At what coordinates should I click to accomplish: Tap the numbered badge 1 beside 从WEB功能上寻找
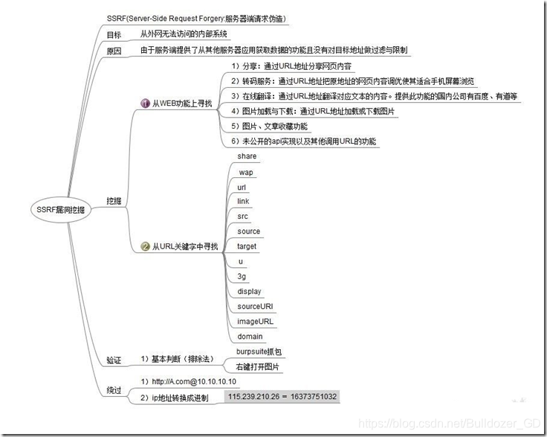145,103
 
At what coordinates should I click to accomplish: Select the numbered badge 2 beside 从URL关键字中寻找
145,246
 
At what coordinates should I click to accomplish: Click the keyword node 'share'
247,156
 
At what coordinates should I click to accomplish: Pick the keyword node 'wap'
245,172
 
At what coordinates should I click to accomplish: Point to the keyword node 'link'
244,202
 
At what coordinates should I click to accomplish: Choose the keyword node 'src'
243,217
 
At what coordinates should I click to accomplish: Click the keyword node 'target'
247,246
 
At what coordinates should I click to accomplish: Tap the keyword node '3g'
242,276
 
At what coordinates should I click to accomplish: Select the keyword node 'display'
249,291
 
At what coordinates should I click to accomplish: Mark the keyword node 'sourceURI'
255,306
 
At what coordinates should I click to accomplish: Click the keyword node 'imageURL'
255,322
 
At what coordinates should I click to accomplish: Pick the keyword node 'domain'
249,336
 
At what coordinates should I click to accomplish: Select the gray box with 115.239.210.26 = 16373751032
282,397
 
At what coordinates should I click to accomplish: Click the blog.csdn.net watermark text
449,423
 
